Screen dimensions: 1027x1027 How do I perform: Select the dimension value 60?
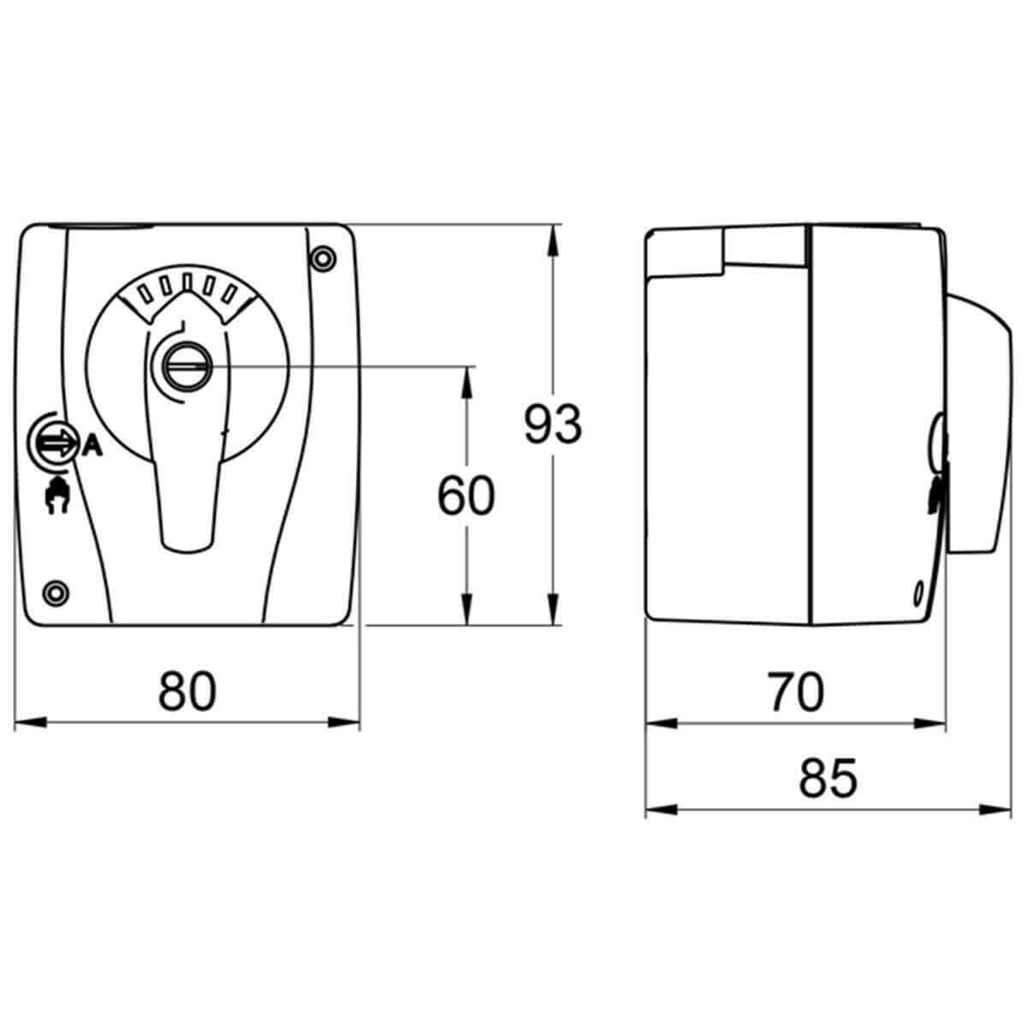pyautogui.click(x=466, y=497)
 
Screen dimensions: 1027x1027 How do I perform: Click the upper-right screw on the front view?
pyautogui.click(x=323, y=257)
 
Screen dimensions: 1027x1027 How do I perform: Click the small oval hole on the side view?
pyautogui.click(x=917, y=590)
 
